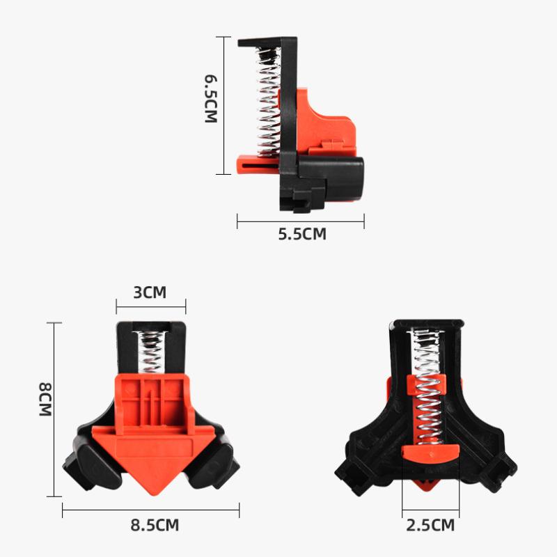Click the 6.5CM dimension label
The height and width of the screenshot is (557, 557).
pyautogui.click(x=211, y=99)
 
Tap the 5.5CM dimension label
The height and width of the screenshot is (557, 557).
pyautogui.click(x=302, y=235)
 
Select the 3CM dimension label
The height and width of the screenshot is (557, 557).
pyautogui.click(x=150, y=292)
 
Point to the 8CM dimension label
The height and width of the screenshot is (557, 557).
pyautogui.click(x=45, y=399)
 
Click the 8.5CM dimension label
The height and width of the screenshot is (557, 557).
pyautogui.click(x=155, y=526)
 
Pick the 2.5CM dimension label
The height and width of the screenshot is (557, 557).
pyautogui.click(x=430, y=526)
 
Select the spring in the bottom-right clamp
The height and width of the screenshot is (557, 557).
pyautogui.click(x=427, y=387)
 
